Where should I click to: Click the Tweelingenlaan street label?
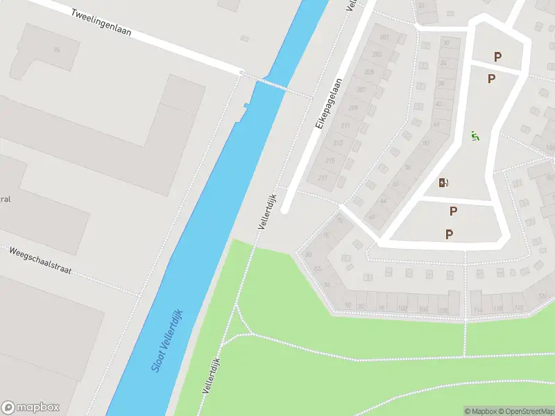[x=101, y=23]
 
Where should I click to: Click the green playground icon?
[x=475, y=136]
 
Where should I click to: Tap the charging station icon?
[x=444, y=183]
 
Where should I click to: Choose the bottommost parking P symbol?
[x=450, y=234]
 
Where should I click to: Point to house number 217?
[x=322, y=177]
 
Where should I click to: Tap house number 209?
[x=353, y=107]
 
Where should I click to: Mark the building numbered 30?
[x=446, y=43]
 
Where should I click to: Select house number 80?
[x=309, y=254]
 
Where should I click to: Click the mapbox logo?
[x=31, y=408]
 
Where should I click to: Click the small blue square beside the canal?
[x=246, y=105]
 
